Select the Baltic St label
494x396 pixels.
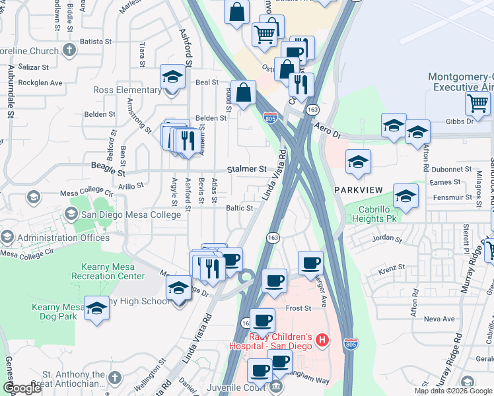(240, 209)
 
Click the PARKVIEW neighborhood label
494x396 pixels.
(358, 190)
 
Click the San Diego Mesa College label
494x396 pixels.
(130, 214)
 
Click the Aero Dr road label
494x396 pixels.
(327, 125)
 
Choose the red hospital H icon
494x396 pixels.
(322, 341)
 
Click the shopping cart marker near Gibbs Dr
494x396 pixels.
(477, 103)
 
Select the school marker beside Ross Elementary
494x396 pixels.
(172, 78)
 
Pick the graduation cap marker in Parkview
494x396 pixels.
(358, 162)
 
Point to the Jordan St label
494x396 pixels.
(387, 238)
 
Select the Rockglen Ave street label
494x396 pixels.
(40, 83)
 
